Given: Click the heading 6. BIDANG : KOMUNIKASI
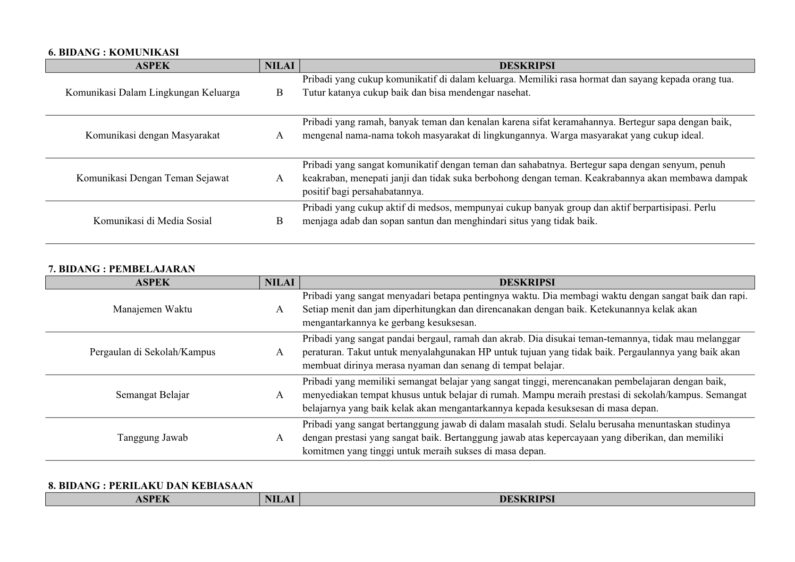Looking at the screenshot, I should pos(113,52).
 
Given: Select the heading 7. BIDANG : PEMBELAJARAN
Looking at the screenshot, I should pos(121,269).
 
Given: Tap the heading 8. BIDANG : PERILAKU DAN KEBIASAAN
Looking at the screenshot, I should pos(150,486).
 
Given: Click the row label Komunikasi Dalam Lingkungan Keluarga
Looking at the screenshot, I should pos(152,92).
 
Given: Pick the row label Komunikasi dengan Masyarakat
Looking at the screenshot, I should pos(152,135).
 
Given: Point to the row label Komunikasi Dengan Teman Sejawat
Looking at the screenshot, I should pos(152,178).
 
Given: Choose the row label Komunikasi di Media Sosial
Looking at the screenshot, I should pos(152,221).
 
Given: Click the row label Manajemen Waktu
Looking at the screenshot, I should pos(152,309).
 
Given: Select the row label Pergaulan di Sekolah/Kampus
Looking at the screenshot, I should pos(152,352).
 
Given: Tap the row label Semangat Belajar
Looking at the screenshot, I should pos(152,394).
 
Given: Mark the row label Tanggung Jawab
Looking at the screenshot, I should pos(152,437).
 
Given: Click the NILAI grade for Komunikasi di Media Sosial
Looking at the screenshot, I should pos(279,221).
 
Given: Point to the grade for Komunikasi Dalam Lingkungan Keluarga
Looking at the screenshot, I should pos(279,92).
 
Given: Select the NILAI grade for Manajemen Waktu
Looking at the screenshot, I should pos(279,309).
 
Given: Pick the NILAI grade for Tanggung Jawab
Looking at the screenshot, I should pos(279,437).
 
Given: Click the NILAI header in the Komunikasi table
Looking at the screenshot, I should pos(279,66).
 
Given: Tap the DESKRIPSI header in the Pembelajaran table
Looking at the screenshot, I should pos(527,282).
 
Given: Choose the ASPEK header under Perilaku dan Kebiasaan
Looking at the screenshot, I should pos(152,499).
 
